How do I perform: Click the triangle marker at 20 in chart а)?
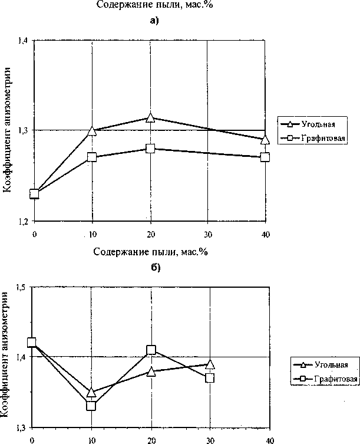[150, 119]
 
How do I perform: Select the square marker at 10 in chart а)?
[92, 157]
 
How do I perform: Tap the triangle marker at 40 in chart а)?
[265, 140]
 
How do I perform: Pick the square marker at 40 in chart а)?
[265, 157]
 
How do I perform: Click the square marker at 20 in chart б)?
[151, 350]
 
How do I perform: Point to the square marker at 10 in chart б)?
[91, 406]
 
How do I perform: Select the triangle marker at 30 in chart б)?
[210, 364]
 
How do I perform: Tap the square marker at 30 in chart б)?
[210, 378]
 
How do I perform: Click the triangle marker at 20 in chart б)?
[151, 371]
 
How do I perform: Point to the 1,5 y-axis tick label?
[22, 287]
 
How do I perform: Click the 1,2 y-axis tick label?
[22, 222]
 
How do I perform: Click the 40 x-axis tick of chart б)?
[270, 439]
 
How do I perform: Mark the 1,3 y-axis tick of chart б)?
[22, 426]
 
